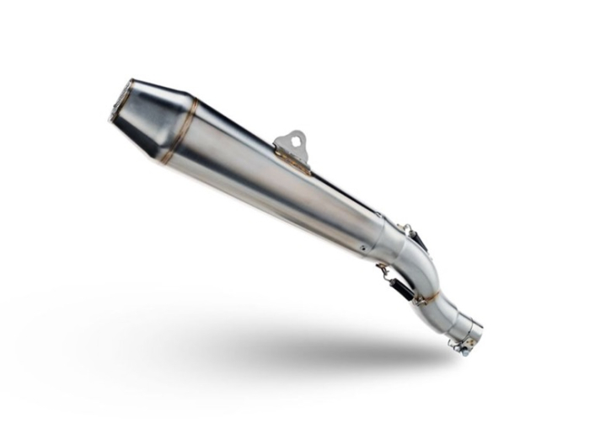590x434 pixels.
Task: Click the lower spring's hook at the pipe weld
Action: [419, 299]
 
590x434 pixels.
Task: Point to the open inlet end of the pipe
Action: [477, 331]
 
